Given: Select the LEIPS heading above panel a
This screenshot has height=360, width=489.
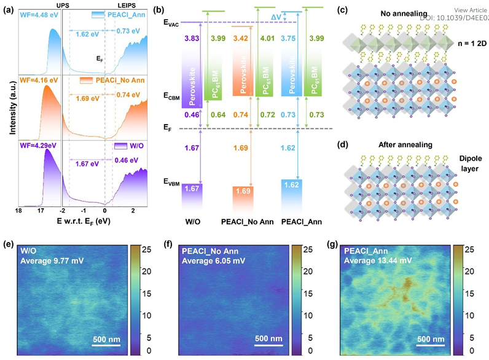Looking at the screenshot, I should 124,5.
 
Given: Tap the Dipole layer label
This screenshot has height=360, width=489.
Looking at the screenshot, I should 467,156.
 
